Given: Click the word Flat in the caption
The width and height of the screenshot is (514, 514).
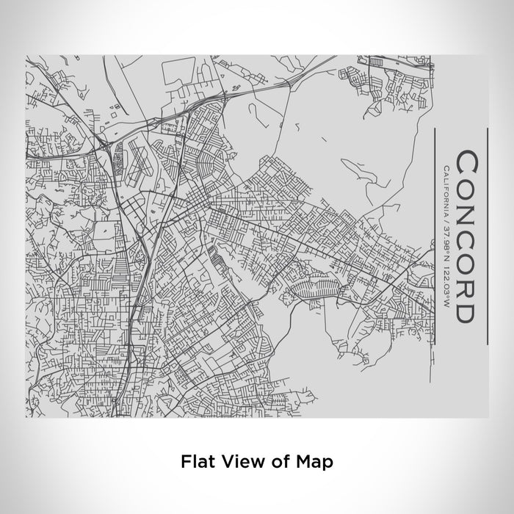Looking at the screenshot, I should (x=194, y=463).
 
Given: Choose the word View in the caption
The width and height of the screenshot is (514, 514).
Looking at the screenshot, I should (x=232, y=463).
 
